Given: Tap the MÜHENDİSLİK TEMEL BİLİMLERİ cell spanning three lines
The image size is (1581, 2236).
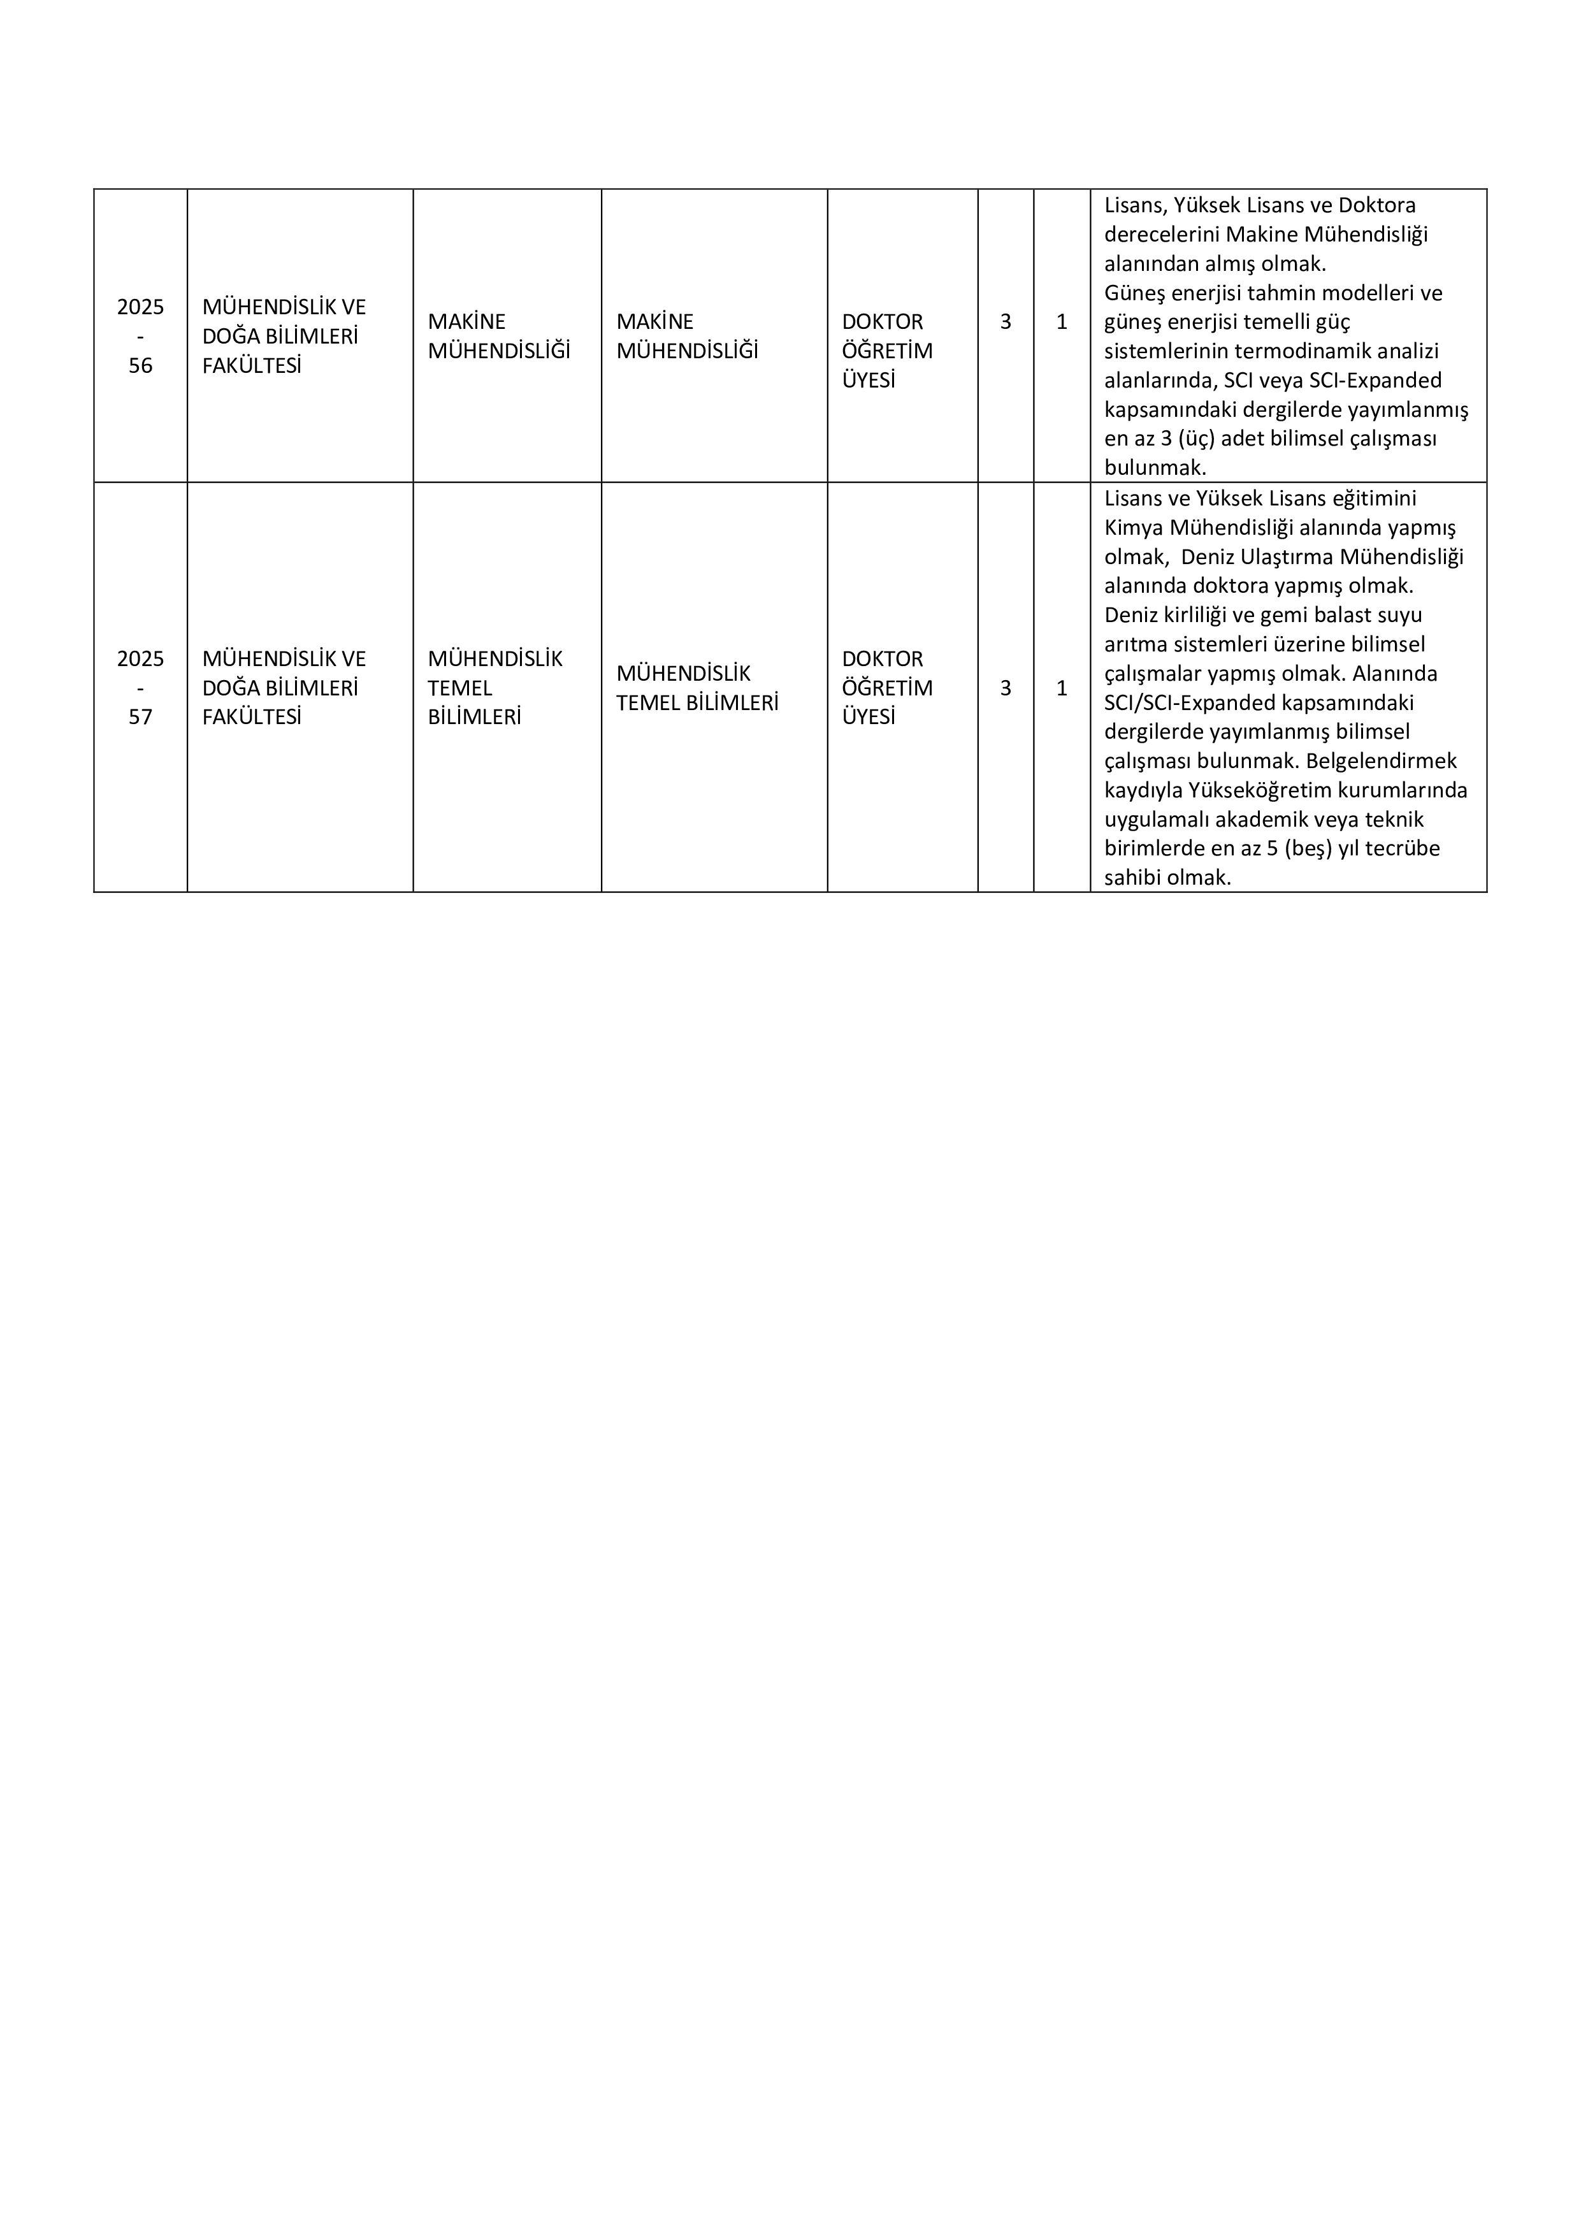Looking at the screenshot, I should coord(495,688).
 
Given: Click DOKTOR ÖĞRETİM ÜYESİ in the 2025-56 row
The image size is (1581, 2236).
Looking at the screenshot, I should coord(887,351).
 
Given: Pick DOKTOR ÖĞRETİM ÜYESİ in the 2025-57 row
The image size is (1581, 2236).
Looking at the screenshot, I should coord(887,688).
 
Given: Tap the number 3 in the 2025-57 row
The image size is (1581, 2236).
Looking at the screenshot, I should coord(1006,688).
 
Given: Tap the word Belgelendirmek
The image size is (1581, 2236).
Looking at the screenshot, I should coord(1382,760).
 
